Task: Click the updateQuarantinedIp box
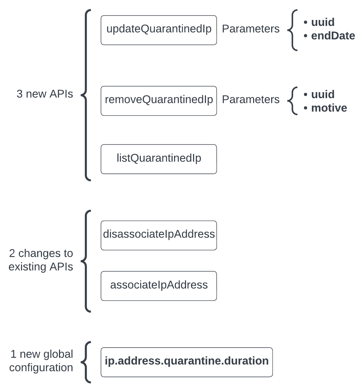(x=159, y=30)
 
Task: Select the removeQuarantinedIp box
(x=159, y=101)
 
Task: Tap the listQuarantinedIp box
(x=159, y=159)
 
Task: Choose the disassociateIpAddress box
(x=159, y=235)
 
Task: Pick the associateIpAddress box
(x=159, y=286)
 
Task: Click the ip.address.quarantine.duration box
(x=187, y=362)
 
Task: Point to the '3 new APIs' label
(x=45, y=94)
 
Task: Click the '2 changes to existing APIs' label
(x=41, y=260)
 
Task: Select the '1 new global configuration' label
(x=41, y=361)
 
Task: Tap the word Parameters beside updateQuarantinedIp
(x=251, y=29)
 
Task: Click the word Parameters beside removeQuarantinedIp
(x=251, y=99)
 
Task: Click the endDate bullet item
(x=333, y=36)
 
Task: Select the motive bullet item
(x=329, y=108)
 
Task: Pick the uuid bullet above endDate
(x=323, y=22)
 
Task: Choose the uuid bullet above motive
(x=323, y=94)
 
